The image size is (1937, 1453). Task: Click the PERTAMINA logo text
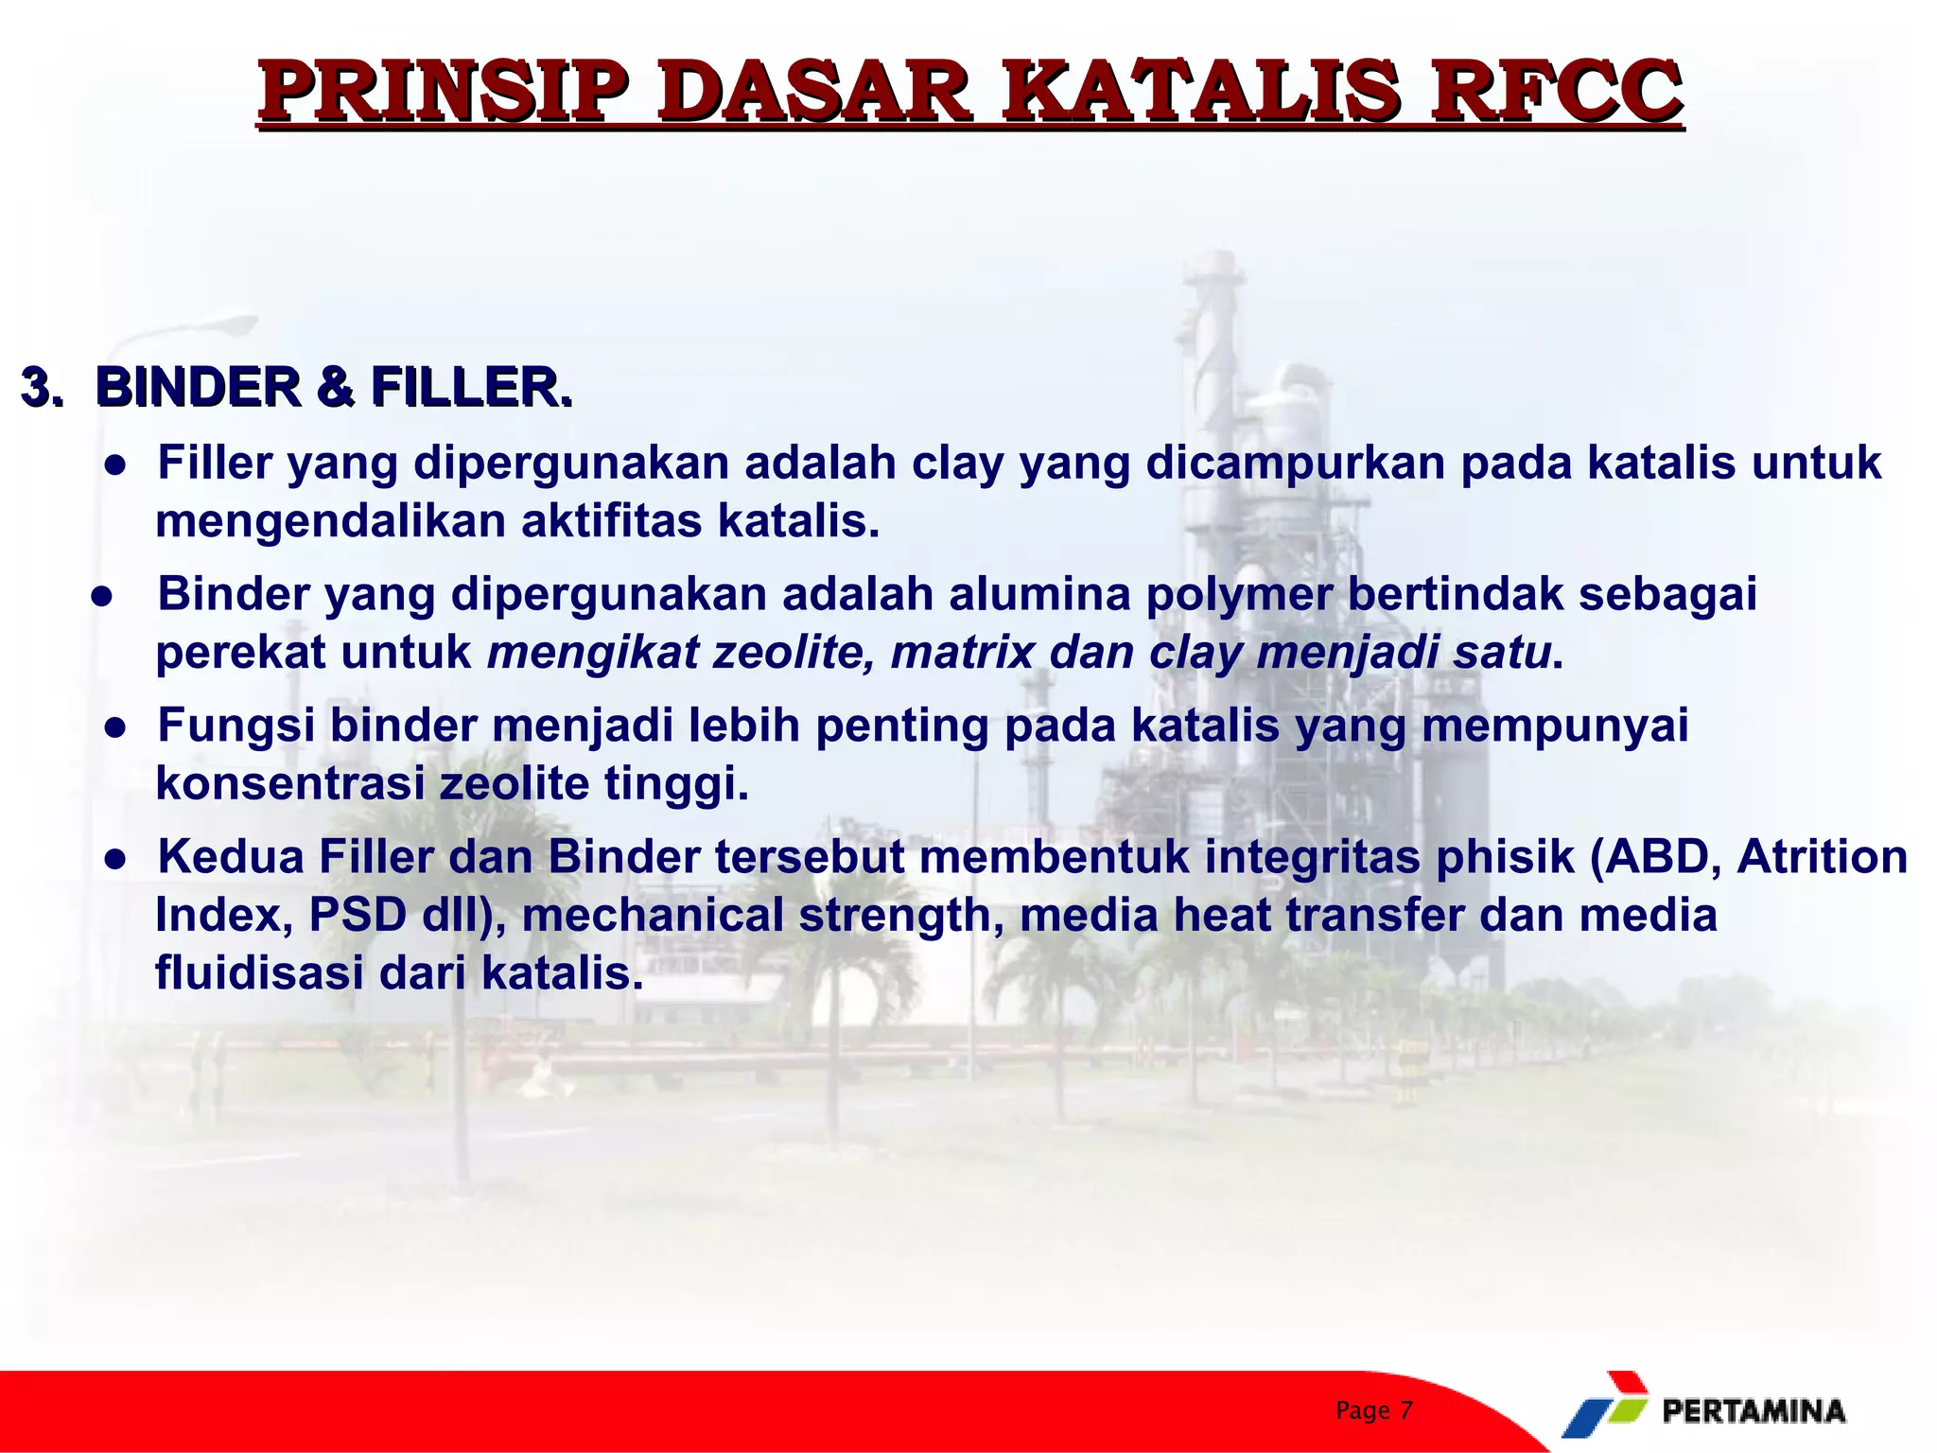[x=1753, y=1411]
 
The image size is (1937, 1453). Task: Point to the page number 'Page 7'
[x=1373, y=1410]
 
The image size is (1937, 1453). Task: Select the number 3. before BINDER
[x=42, y=388]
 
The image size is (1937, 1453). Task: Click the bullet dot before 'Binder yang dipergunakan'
[x=102, y=597]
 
